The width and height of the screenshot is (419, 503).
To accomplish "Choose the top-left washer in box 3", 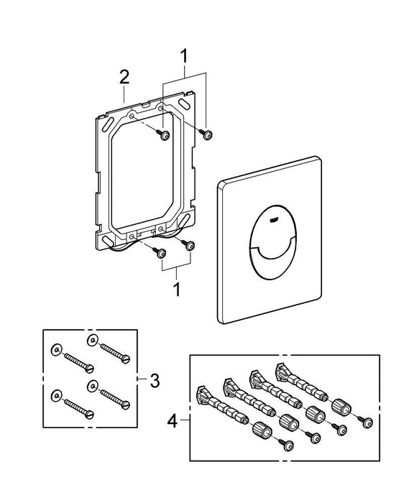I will tap(55, 350).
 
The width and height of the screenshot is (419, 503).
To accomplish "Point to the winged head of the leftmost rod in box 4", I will tap(202, 394).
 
